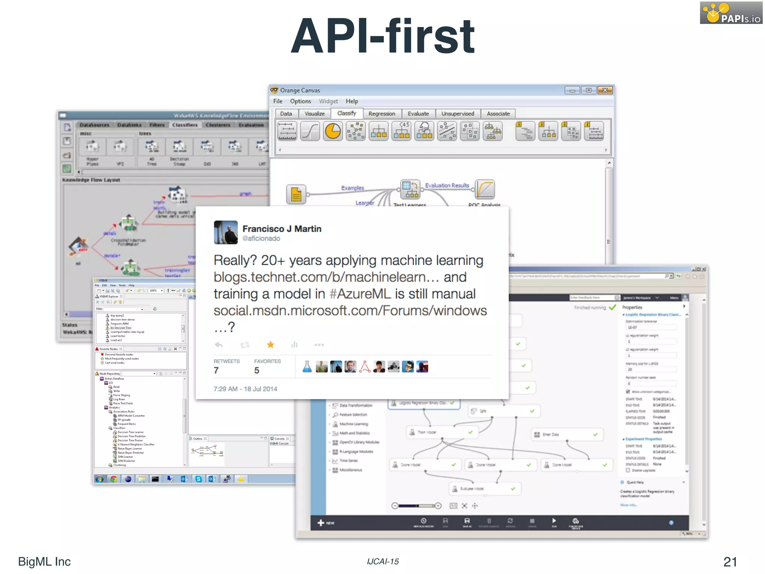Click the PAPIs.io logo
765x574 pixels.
click(731, 13)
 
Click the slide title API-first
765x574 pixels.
click(382, 36)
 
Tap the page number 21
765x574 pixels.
click(730, 561)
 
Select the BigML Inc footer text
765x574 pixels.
click(44, 561)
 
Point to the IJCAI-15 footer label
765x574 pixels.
click(382, 561)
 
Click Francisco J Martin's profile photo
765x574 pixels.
click(226, 232)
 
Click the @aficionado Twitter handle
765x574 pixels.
click(261, 238)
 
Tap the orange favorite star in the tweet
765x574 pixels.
click(270, 345)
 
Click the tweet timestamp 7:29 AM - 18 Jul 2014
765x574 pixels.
click(245, 389)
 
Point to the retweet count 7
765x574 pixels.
click(216, 370)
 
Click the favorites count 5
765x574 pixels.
click(257, 370)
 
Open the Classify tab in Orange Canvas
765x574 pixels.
click(346, 113)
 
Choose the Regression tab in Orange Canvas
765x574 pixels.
click(381, 114)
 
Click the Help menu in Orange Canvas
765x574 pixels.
click(351, 101)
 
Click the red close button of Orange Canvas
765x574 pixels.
click(605, 90)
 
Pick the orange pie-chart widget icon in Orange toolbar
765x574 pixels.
click(332, 132)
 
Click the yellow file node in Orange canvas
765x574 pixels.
click(296, 194)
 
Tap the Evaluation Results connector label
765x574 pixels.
click(447, 185)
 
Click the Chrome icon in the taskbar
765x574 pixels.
click(114, 479)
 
